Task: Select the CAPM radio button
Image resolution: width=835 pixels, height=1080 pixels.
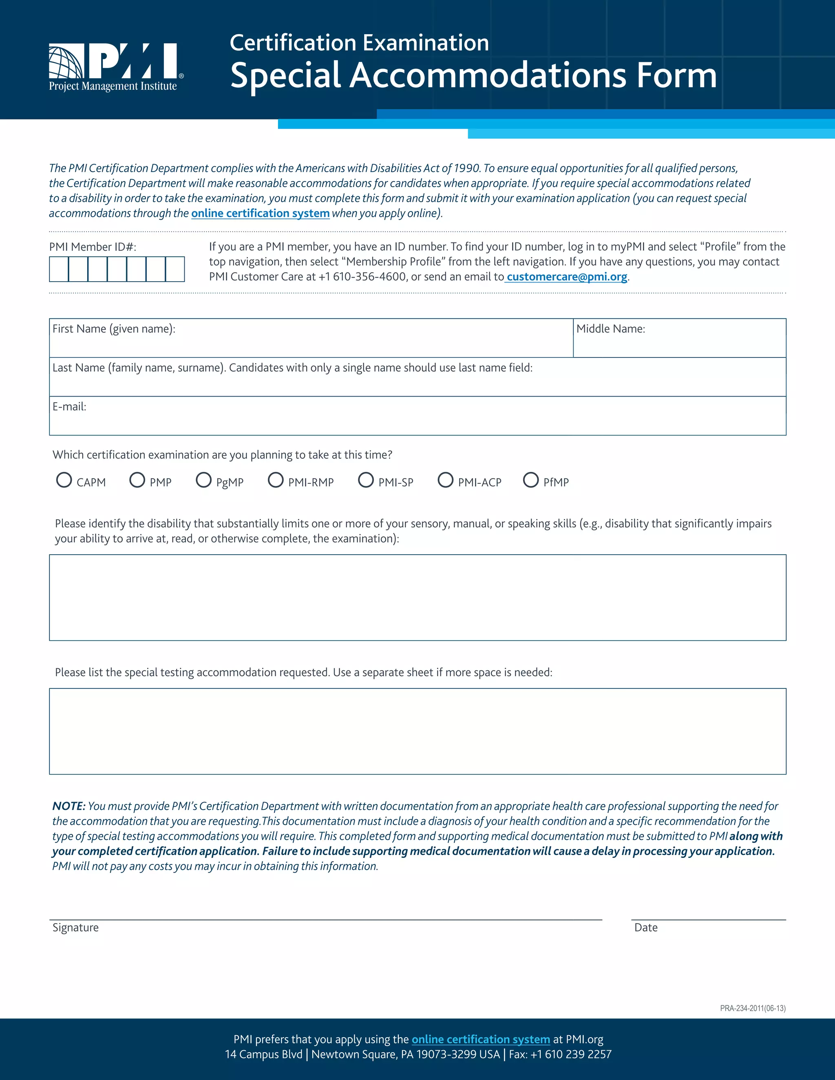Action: pyautogui.click(x=64, y=480)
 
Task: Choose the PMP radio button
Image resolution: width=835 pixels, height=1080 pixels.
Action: pyautogui.click(x=137, y=480)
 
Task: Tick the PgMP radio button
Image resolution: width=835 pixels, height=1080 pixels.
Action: pyautogui.click(x=203, y=480)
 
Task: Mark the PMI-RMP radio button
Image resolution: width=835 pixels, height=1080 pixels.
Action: pyautogui.click(x=276, y=480)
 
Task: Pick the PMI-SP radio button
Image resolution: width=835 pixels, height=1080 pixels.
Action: pyautogui.click(x=366, y=480)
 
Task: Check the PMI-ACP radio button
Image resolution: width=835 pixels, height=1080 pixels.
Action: pyautogui.click(x=445, y=480)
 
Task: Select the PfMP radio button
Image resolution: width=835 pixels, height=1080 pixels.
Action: pyautogui.click(x=531, y=480)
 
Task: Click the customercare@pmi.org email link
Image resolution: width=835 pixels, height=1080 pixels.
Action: pyautogui.click(x=567, y=277)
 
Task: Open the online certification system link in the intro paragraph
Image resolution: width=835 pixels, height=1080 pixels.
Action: pyautogui.click(x=260, y=213)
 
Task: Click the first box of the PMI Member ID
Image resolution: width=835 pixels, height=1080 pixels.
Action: pyautogui.click(x=59, y=269)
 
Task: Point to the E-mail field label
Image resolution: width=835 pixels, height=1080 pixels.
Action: pyautogui.click(x=69, y=406)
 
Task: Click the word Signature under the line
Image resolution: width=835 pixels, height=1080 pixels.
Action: pyautogui.click(x=76, y=928)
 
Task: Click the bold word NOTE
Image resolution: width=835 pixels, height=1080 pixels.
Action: pyautogui.click(x=69, y=806)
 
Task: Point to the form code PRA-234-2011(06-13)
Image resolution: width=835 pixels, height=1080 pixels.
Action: pyautogui.click(x=752, y=1008)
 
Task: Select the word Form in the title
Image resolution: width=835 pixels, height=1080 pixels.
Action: pyautogui.click(x=676, y=76)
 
